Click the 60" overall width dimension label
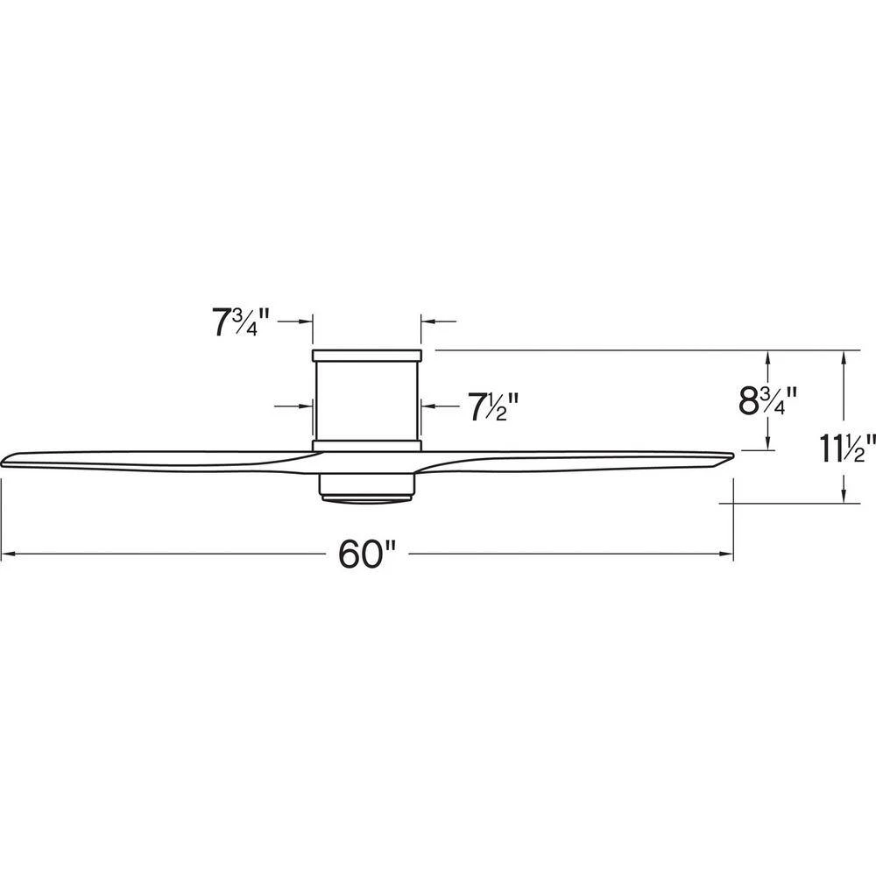point(366,555)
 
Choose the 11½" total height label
point(847,448)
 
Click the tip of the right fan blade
point(732,456)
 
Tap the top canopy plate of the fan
point(366,356)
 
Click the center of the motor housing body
point(366,400)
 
